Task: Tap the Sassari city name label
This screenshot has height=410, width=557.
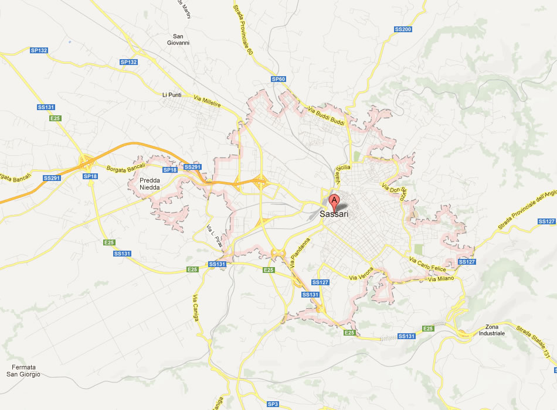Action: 334,214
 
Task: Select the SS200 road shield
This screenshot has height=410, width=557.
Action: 403,29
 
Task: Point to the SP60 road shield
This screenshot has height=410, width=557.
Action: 278,79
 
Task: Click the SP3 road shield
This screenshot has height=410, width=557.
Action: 273,404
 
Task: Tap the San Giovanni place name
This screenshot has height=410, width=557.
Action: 178,39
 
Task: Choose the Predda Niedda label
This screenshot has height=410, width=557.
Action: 150,184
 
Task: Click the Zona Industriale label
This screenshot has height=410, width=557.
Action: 491,330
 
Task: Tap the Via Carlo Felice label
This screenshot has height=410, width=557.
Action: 427,264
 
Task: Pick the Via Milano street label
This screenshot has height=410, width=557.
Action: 441,279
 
